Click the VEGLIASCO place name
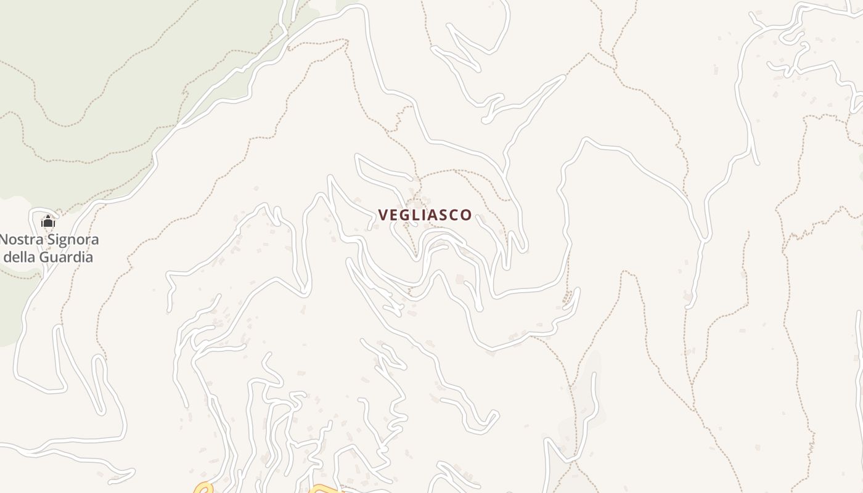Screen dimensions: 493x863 (x=425, y=215)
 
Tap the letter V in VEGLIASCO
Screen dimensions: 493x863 (x=383, y=215)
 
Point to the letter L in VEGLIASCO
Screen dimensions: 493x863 (x=415, y=215)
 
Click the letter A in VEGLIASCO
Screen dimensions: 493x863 (x=433, y=215)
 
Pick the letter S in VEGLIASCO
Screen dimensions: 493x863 (x=444, y=215)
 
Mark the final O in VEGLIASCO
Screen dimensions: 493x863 (x=467, y=215)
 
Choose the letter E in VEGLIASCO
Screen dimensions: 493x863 (x=393, y=215)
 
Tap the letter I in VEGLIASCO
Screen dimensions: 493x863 (x=423, y=215)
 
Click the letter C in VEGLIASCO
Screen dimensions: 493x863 (x=455, y=215)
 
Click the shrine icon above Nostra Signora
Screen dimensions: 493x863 (x=48, y=222)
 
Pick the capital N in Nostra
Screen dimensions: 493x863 (x=4, y=240)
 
